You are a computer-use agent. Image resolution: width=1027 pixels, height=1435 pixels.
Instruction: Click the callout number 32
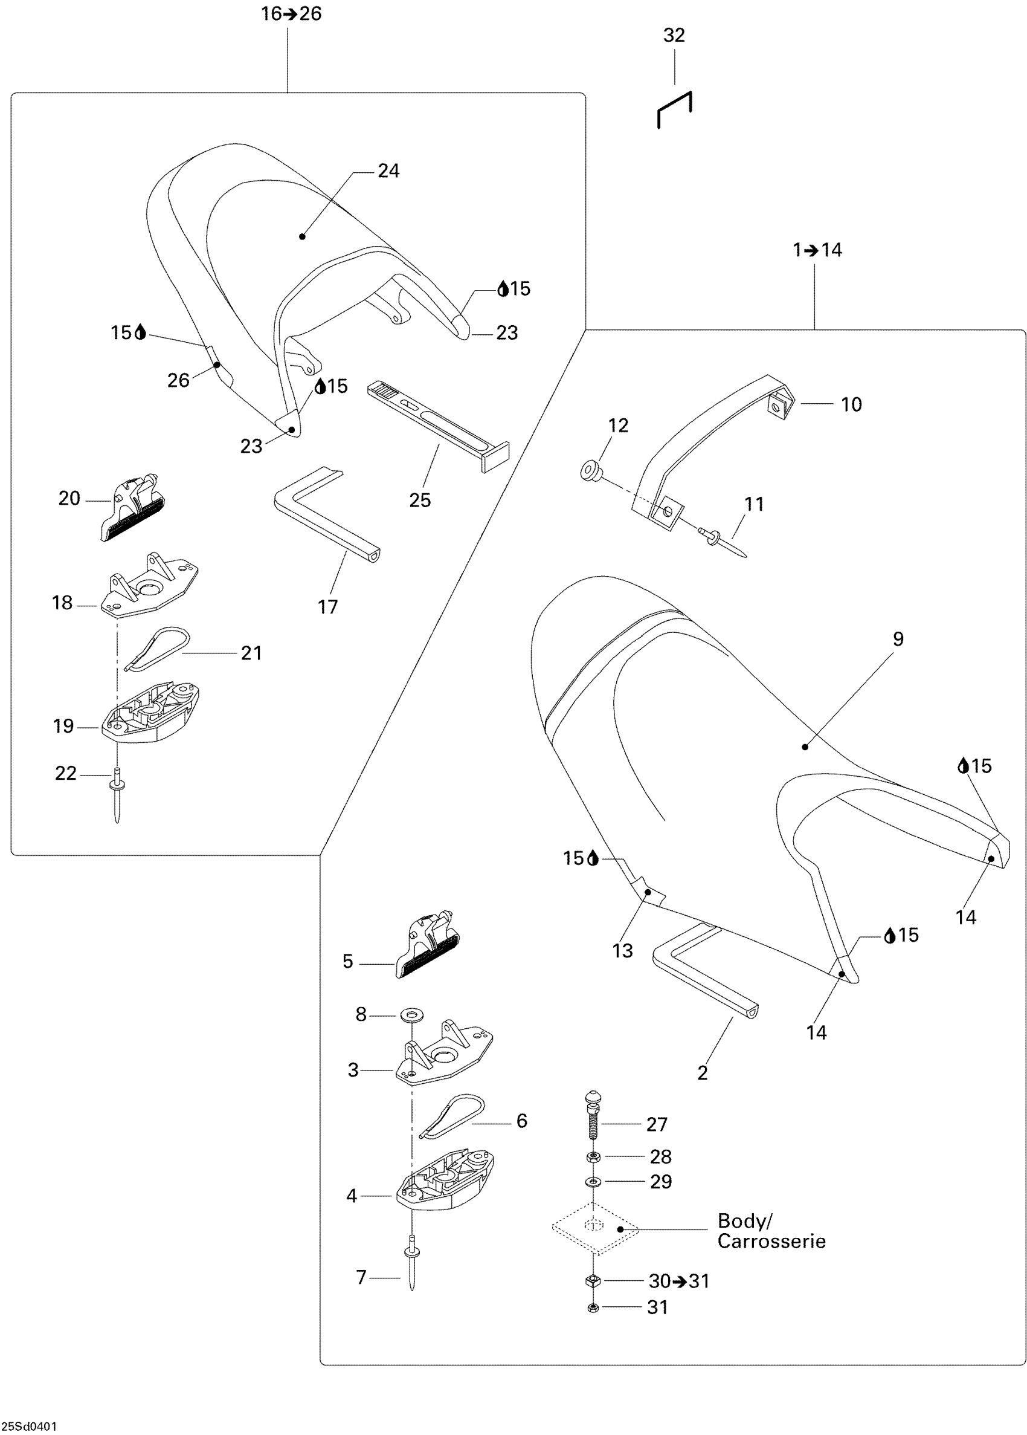pos(674,36)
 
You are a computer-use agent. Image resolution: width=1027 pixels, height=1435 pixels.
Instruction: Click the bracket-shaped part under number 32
pos(675,109)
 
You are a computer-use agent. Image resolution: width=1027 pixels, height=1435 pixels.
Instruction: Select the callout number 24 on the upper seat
pos(388,171)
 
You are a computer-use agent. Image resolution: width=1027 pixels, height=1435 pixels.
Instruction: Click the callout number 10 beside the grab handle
pos(851,404)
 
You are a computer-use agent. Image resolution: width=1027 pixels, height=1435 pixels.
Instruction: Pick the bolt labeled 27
pos(594,1122)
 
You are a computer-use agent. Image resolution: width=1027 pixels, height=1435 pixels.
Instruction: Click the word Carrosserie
pos(771,1241)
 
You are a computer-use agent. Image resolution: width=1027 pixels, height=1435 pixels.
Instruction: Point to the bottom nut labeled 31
pos(593,1307)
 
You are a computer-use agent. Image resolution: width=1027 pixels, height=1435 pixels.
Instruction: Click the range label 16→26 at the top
pos(292,14)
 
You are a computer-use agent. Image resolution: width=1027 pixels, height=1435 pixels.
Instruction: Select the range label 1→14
pos(817,250)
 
